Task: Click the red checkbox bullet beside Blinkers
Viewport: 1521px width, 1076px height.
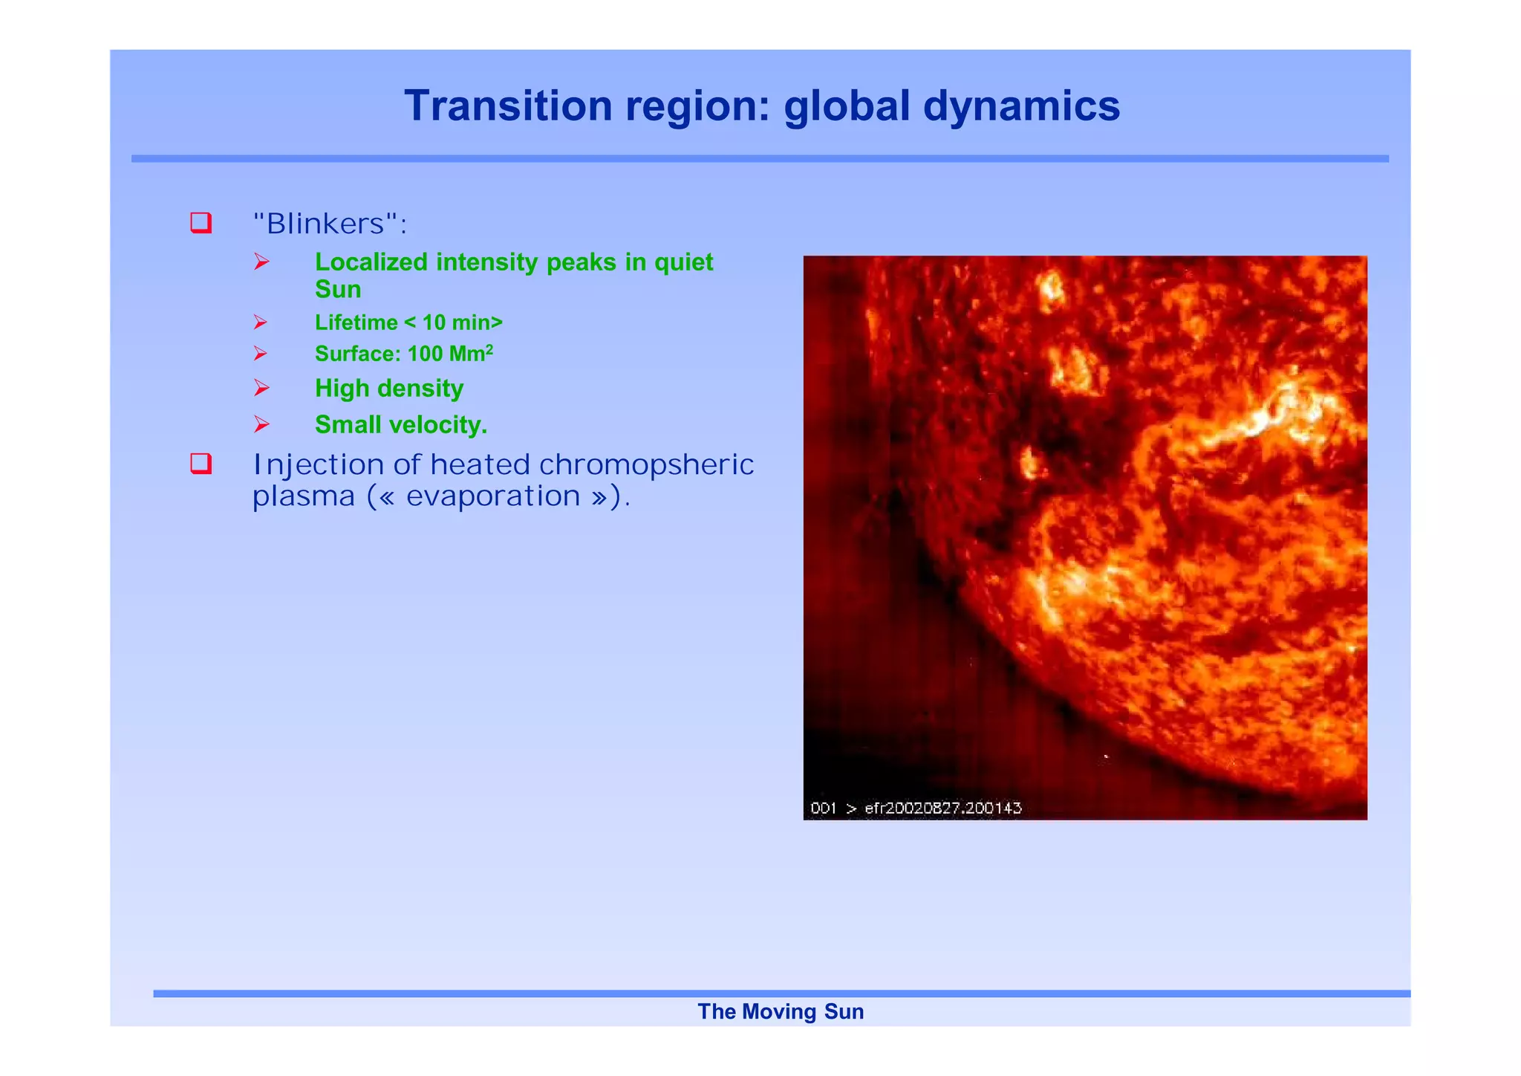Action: click(201, 223)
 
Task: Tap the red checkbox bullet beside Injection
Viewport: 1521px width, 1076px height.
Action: click(201, 464)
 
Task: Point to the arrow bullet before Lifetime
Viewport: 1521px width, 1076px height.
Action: click(260, 322)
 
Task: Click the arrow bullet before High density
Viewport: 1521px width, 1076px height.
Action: click(261, 388)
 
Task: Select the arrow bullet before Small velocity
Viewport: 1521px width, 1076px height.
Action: click(261, 424)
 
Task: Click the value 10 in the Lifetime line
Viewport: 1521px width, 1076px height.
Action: click(434, 323)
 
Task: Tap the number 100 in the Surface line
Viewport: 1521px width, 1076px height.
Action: click(425, 354)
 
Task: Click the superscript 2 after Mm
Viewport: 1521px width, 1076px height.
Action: click(489, 348)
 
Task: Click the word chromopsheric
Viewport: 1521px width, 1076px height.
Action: click(645, 464)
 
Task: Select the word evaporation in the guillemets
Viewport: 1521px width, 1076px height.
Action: click(493, 496)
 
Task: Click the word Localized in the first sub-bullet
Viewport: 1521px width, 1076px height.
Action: click(371, 262)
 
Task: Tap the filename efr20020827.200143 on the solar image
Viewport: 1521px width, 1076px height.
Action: click(943, 808)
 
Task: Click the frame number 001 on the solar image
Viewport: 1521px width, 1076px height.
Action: click(823, 808)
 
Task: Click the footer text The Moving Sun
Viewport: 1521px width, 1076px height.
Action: click(781, 1011)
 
